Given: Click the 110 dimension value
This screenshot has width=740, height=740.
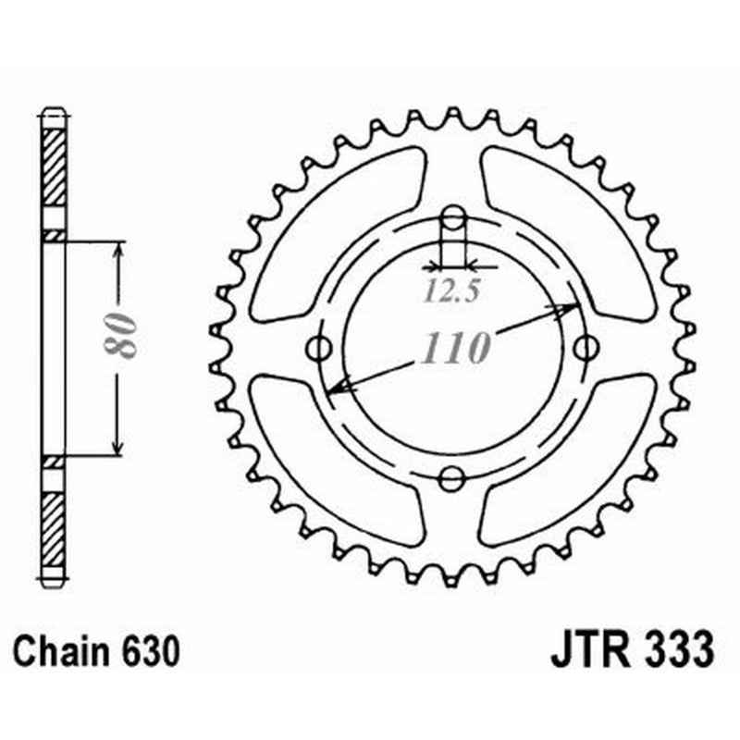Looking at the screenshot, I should [x=456, y=349].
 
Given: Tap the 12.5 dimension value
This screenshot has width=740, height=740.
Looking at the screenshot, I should [x=452, y=291].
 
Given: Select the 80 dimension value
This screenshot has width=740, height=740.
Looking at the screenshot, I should [x=121, y=335].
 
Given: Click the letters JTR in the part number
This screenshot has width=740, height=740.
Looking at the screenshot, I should [x=591, y=650].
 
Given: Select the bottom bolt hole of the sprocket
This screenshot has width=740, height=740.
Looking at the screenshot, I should [x=452, y=478].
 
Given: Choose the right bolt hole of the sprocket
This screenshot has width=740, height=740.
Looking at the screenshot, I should [x=584, y=349].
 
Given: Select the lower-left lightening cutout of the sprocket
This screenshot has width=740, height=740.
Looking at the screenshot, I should [x=338, y=462].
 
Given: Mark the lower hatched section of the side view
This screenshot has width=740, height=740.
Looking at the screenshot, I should [x=55, y=527].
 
